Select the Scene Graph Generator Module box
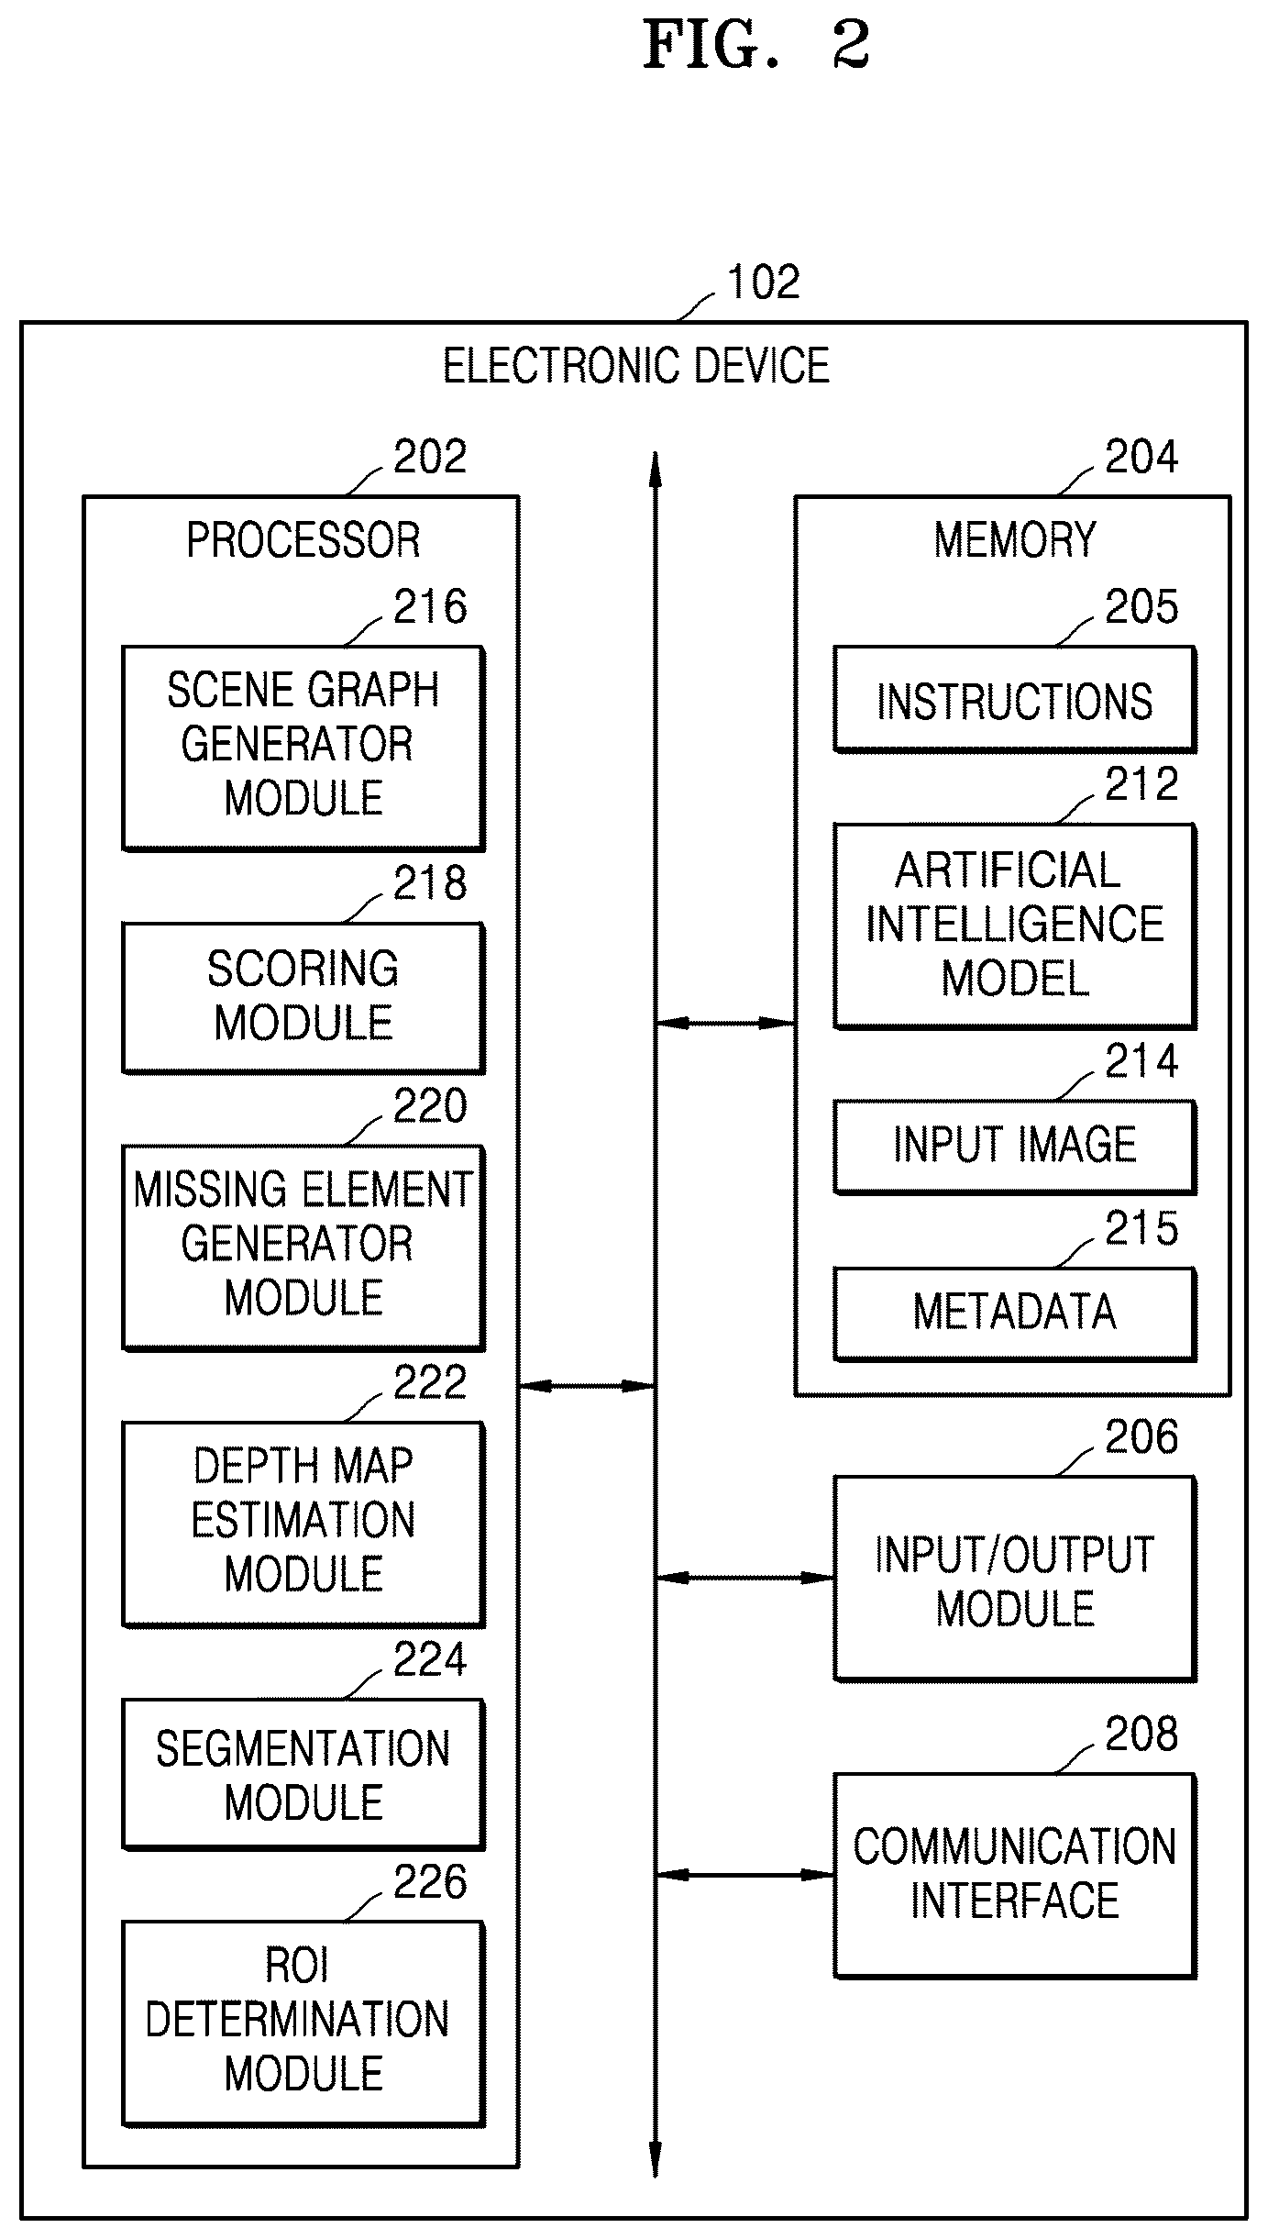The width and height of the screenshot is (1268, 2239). click(x=303, y=748)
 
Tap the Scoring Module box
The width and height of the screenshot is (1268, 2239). click(x=303, y=997)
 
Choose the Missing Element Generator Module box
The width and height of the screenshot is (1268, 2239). click(x=303, y=1247)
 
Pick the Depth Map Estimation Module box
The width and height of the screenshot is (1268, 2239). click(x=303, y=1524)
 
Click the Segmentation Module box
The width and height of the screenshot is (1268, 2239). click(x=303, y=1774)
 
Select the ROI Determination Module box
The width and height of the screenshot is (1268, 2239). click(x=303, y=2023)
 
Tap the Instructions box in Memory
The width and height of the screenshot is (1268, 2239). click(x=1015, y=699)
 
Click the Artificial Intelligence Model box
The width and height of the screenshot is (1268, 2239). click(x=1015, y=926)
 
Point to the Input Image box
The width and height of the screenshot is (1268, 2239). click(x=1015, y=1147)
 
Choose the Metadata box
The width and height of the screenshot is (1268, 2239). click(x=1015, y=1313)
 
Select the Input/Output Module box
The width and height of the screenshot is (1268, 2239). click(x=1015, y=1579)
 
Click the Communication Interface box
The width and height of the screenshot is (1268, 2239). click(x=1015, y=1876)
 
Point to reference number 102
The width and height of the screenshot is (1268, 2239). click(x=763, y=282)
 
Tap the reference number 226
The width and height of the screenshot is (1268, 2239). click(x=430, y=1882)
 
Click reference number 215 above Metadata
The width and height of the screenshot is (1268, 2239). click(x=1141, y=1228)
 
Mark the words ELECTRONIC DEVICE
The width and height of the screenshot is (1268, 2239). click(x=636, y=365)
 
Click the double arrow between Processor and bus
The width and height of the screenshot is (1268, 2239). click(x=587, y=1386)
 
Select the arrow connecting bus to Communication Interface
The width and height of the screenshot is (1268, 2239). click(x=744, y=1875)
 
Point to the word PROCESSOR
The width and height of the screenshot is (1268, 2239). click(x=303, y=539)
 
